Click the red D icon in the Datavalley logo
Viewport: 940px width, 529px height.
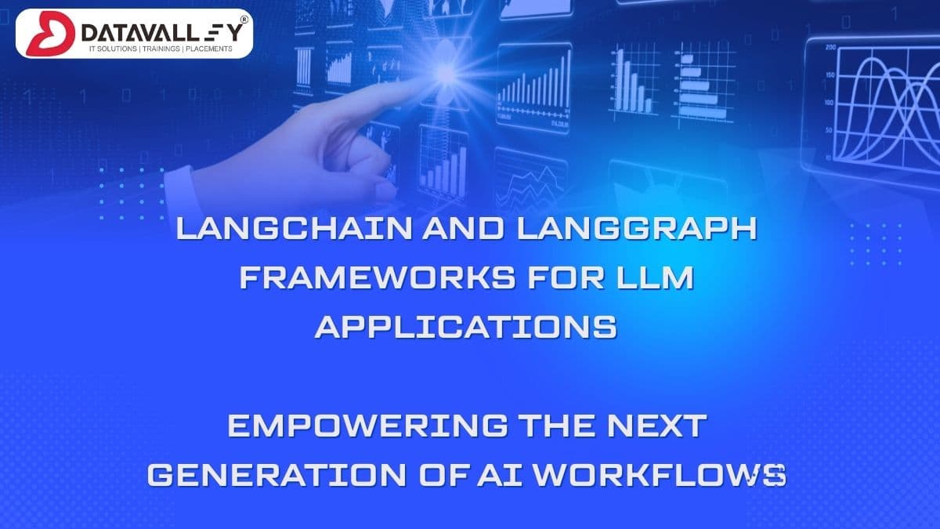pyautogui.click(x=43, y=33)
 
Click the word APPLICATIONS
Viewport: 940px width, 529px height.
pyautogui.click(x=466, y=325)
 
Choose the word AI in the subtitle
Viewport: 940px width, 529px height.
pyautogui.click(x=514, y=475)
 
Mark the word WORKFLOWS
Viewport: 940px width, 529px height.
pyautogui.click(x=667, y=475)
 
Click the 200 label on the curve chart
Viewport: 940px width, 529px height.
pyautogui.click(x=831, y=48)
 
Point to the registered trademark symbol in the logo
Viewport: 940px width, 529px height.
pyautogui.click(x=244, y=17)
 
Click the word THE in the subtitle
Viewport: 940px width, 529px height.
pyautogui.click(x=562, y=427)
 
